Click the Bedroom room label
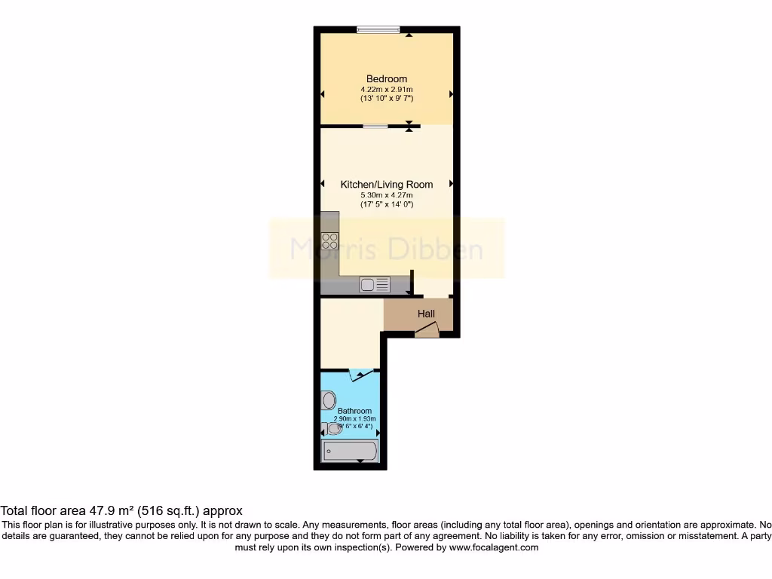click(x=387, y=79)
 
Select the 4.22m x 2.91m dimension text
click(x=387, y=89)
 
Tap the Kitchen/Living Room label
click(x=387, y=185)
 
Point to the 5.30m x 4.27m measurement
click(x=387, y=195)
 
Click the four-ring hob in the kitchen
click(x=330, y=241)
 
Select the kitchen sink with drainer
click(x=375, y=284)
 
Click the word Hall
click(x=426, y=314)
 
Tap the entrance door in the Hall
click(x=427, y=329)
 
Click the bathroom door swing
click(x=360, y=375)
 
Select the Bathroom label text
click(x=354, y=411)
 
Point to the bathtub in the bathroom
click(x=350, y=452)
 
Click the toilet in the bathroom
click(x=334, y=429)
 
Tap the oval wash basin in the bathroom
click(x=328, y=400)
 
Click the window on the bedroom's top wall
click(x=379, y=29)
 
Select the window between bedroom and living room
click(x=375, y=126)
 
